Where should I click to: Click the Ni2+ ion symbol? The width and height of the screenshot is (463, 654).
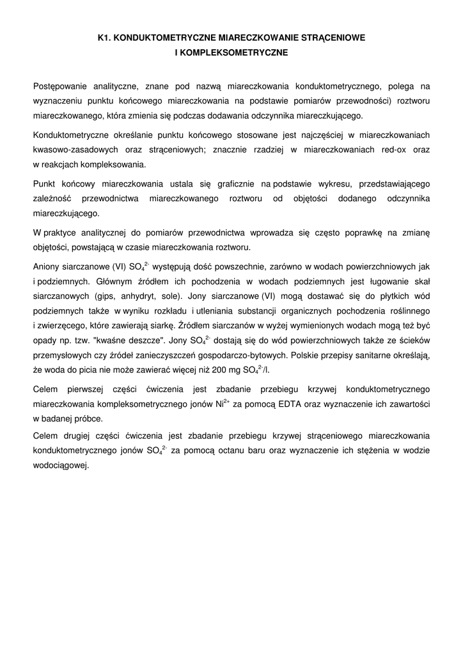point(222,404)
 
